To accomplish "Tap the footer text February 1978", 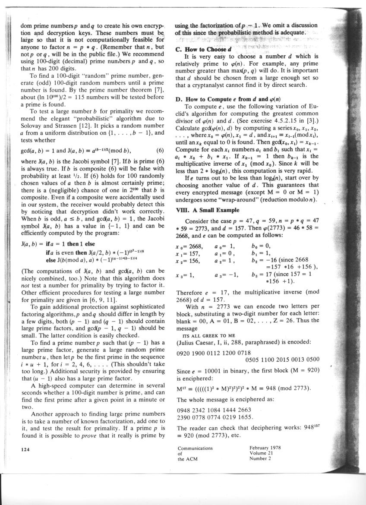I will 265,448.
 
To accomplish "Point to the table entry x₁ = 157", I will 189,253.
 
